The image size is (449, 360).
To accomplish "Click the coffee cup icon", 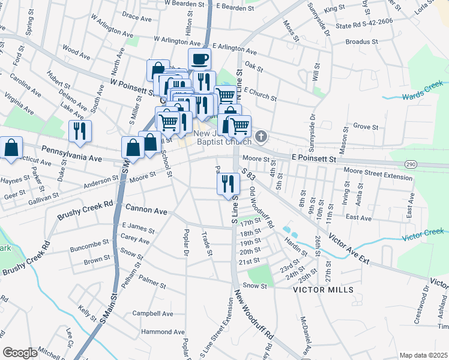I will pyautogui.click(x=200, y=59).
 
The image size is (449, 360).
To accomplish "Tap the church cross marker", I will pyautogui.click(x=261, y=137).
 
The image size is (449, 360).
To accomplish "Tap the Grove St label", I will pyautogui.click(x=366, y=127).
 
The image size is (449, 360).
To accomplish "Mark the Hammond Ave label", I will pyautogui.click(x=163, y=332).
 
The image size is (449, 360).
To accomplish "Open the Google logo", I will pyautogui.click(x=20, y=352).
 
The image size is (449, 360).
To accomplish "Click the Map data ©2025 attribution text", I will pyautogui.click(x=423, y=355).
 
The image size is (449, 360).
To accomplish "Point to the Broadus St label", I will pyautogui.click(x=362, y=43).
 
